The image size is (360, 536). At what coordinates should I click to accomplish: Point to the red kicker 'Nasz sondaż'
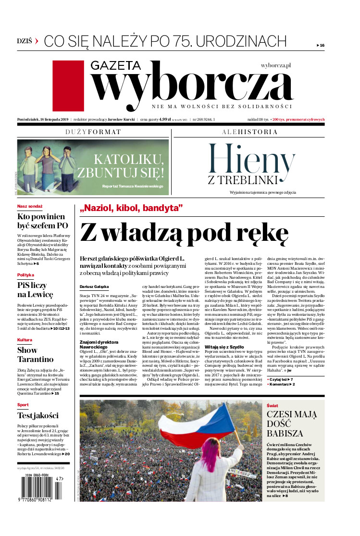(x=30, y=206)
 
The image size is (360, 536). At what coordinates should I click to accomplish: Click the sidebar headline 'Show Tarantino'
(x=35, y=354)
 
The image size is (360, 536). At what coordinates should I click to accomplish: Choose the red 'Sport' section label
(x=23, y=405)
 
